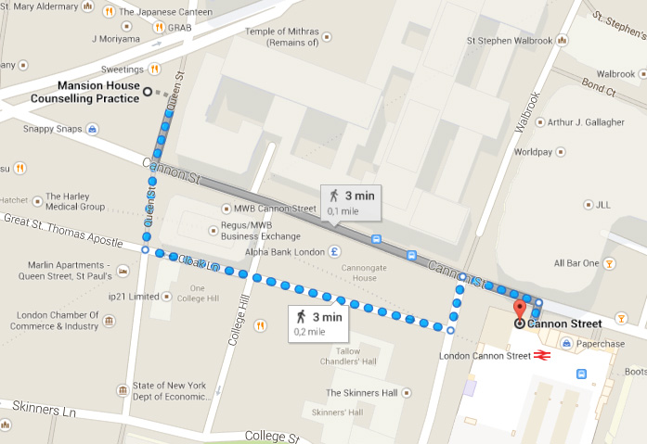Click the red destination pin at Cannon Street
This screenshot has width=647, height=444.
click(519, 310)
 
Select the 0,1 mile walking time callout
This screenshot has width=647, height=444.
click(350, 202)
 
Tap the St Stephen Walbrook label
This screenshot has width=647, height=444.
click(510, 41)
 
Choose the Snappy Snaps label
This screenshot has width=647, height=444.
click(52, 129)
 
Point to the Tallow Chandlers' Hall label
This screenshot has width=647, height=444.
click(348, 357)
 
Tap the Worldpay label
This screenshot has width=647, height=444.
click(533, 151)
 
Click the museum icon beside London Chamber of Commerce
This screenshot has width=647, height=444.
click(110, 321)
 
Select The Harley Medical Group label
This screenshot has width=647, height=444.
click(74, 201)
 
